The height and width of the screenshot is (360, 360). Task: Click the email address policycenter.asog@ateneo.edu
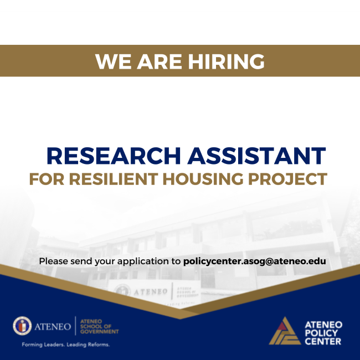[254, 261]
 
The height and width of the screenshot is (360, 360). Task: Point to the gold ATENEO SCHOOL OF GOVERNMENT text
[100, 326]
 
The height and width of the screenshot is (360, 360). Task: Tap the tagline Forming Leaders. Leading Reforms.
[65, 344]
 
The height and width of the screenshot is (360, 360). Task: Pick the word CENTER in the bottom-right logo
[323, 341]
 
